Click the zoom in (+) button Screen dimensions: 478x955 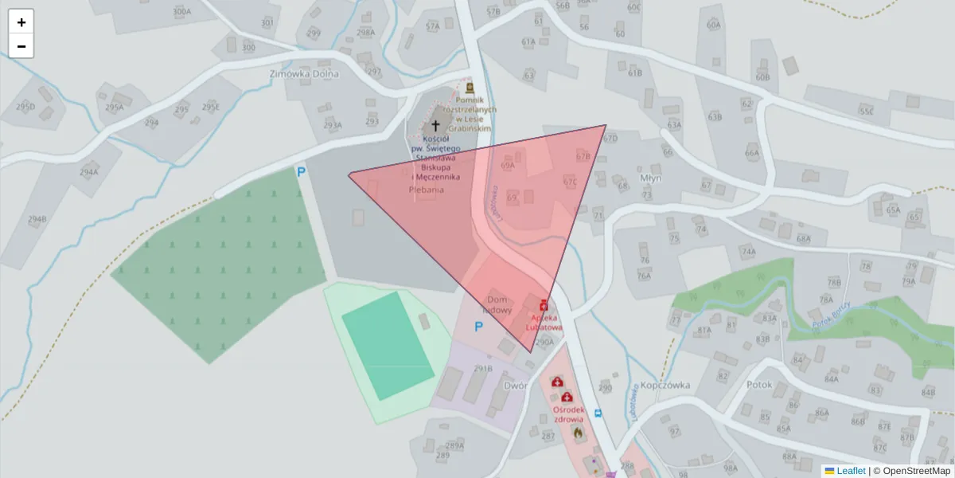pos(21,22)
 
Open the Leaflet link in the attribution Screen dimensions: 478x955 pos(851,471)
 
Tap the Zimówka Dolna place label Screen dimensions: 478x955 pos(304,74)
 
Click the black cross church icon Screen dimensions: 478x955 pos(435,125)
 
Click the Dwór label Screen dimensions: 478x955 pos(516,386)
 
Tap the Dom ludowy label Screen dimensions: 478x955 pos(498,304)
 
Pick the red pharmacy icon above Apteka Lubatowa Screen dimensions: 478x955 pos(544,305)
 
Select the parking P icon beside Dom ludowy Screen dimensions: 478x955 pos(478,326)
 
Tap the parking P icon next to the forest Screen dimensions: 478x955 pos(301,171)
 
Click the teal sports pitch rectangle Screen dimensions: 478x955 pos(388,346)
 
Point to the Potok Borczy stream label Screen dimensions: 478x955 pos(835,317)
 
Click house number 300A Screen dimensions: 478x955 pos(181,12)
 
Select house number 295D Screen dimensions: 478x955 pos(25,107)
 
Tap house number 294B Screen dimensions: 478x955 pos(37,220)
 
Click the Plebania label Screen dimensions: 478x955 pos(426,190)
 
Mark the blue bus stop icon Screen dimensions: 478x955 pos(598,413)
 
